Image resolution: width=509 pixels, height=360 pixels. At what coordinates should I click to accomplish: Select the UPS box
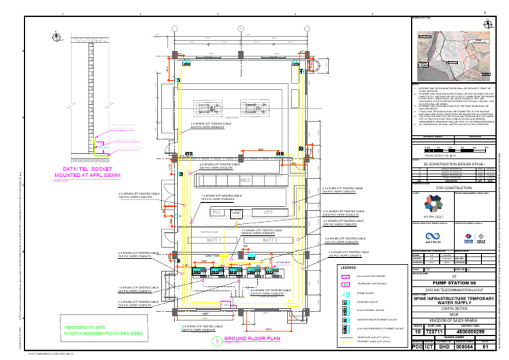[x=268, y=212]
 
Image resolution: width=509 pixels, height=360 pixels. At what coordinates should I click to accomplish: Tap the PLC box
[x=216, y=213]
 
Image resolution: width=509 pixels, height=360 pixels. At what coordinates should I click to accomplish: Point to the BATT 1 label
[x=214, y=240]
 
